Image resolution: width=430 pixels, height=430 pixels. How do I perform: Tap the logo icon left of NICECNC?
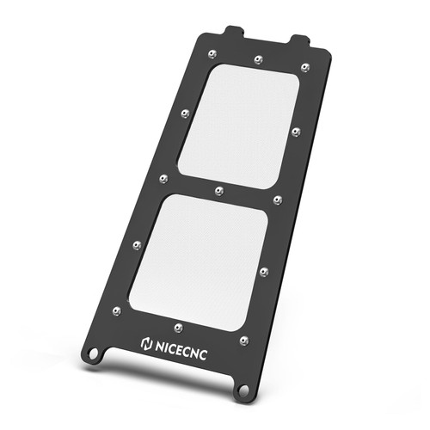click(x=145, y=343)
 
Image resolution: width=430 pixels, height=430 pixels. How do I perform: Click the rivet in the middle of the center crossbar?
click(x=219, y=188)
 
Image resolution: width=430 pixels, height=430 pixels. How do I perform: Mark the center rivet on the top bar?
click(x=259, y=59)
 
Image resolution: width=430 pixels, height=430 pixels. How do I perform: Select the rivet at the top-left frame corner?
click(x=212, y=54)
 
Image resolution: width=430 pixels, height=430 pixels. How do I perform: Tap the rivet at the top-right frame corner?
click(x=305, y=67)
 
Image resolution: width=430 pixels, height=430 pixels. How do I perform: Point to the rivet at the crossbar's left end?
click(x=163, y=178)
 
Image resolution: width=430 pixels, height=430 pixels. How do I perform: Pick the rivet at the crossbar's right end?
click(x=277, y=200)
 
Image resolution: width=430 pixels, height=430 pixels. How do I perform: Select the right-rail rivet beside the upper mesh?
click(x=295, y=131)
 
